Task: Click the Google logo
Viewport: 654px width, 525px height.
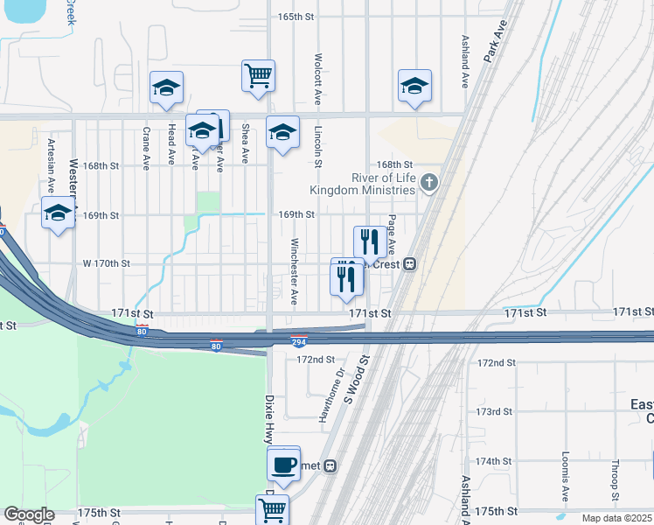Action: click(29, 514)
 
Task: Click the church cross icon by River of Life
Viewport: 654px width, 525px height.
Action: click(428, 183)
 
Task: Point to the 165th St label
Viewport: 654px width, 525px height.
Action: click(296, 17)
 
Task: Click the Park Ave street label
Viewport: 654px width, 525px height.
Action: click(496, 41)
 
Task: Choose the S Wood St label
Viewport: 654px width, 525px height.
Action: click(358, 379)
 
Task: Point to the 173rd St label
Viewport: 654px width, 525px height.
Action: click(493, 411)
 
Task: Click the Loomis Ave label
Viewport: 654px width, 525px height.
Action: click(566, 479)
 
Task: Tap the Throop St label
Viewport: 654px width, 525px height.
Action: click(616, 479)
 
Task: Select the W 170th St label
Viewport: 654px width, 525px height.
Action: click(106, 263)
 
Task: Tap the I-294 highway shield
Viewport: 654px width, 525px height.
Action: click(299, 342)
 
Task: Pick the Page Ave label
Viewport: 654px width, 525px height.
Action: click(393, 234)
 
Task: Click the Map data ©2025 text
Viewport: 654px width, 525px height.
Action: click(616, 518)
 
